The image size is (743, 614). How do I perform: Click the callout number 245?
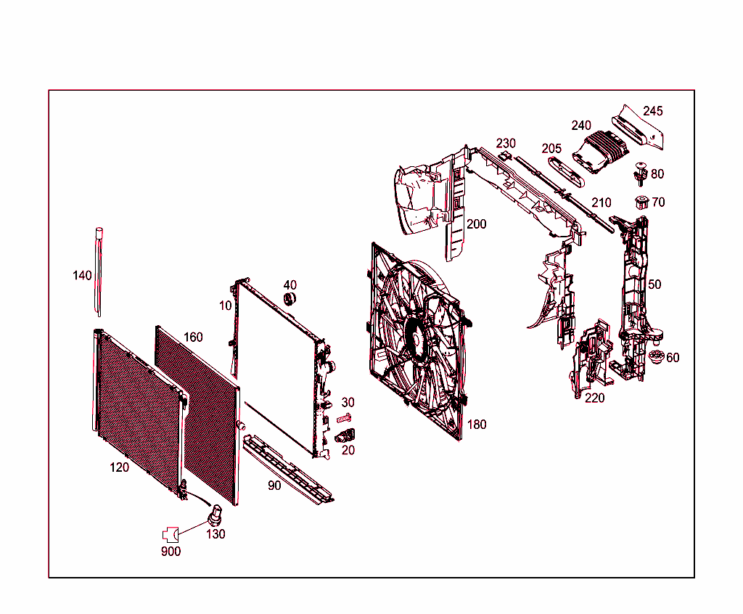click(652, 111)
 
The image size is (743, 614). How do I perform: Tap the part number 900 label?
click(171, 551)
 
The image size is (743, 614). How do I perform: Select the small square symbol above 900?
click(170, 534)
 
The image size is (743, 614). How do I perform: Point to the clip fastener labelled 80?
click(639, 173)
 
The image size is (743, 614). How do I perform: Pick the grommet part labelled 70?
click(641, 202)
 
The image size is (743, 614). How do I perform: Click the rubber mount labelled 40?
click(289, 300)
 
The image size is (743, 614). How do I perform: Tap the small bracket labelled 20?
click(347, 435)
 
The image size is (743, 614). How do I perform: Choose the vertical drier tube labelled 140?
click(98, 272)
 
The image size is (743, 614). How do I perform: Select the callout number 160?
click(193, 337)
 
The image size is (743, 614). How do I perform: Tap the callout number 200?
click(476, 224)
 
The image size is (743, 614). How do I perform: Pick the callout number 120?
click(120, 467)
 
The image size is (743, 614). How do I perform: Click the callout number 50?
click(654, 285)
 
